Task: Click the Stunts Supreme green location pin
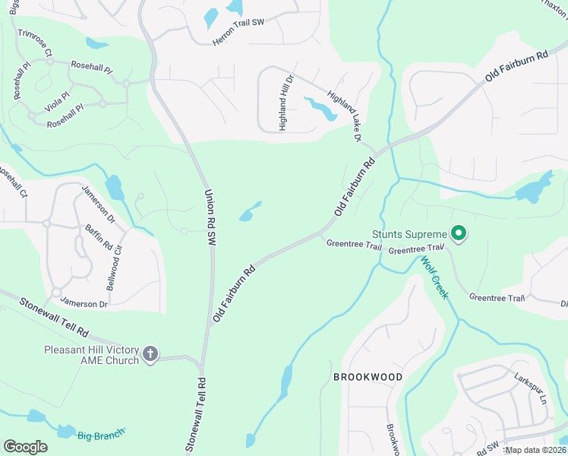pos(458,234)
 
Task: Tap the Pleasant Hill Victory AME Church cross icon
pos(150,353)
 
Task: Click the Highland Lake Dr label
pos(344,116)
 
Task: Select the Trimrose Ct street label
pos(34,44)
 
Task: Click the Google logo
pos(25,447)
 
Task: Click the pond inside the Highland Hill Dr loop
pos(322,109)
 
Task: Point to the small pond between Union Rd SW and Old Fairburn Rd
pos(249,212)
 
